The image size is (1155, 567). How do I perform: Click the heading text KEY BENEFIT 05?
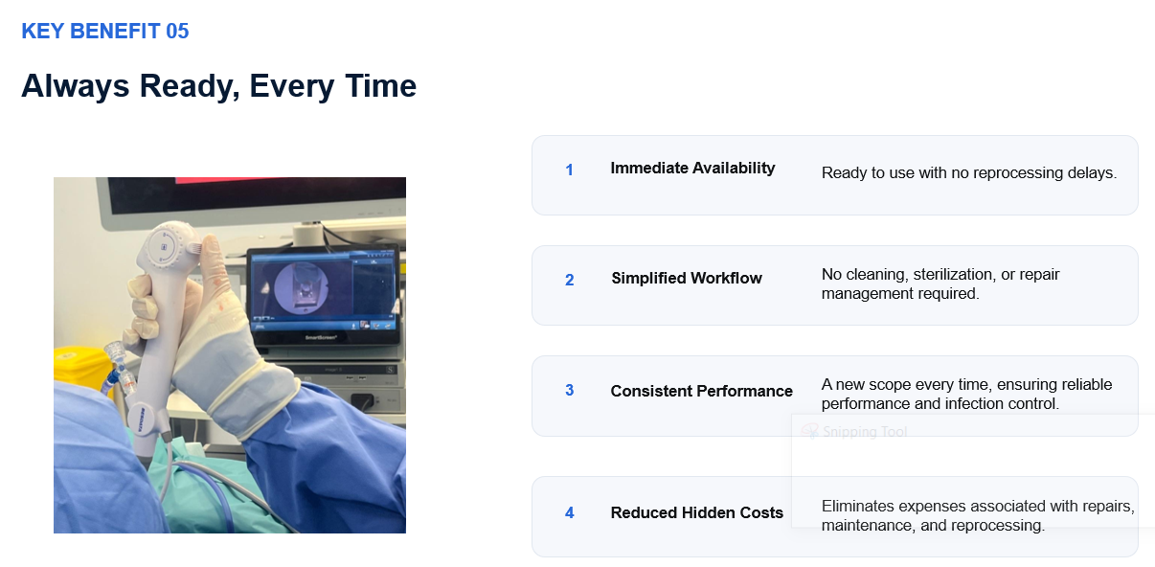(x=105, y=31)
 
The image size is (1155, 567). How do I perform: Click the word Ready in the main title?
(x=190, y=86)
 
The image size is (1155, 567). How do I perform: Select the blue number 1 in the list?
(x=569, y=170)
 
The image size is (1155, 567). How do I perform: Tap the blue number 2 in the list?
(x=569, y=280)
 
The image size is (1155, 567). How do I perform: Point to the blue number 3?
(x=569, y=390)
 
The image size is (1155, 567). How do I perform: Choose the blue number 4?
(x=569, y=512)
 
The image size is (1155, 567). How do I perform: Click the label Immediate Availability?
(x=692, y=169)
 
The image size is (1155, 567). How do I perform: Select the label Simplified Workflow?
(x=687, y=279)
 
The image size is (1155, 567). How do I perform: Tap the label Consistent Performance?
(x=701, y=391)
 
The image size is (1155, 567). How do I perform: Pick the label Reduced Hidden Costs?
(x=696, y=512)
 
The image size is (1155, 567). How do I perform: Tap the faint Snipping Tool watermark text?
(x=865, y=432)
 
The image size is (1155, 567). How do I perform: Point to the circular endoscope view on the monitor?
(x=302, y=288)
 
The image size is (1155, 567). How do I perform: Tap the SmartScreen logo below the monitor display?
(x=321, y=338)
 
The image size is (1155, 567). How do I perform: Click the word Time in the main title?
(x=380, y=85)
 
